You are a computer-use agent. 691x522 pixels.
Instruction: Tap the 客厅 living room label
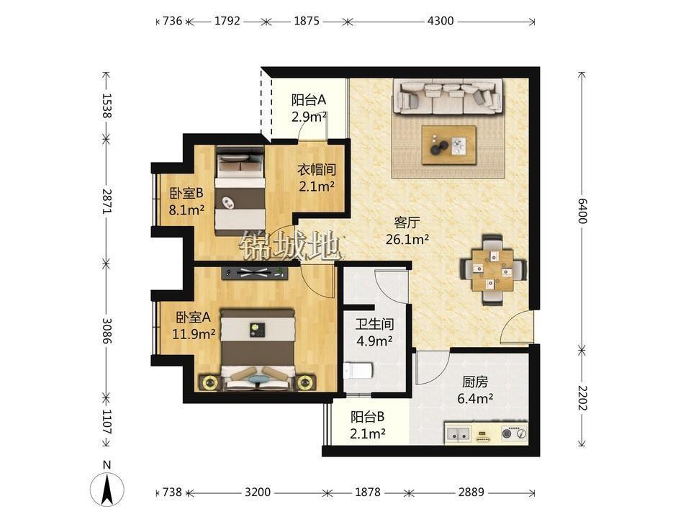click(x=407, y=222)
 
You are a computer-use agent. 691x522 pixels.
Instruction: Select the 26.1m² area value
click(x=407, y=239)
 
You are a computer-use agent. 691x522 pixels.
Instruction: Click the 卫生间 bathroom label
click(x=374, y=325)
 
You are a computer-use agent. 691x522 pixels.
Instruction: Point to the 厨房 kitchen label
click(x=475, y=382)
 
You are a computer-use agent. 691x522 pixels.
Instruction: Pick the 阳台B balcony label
click(x=368, y=417)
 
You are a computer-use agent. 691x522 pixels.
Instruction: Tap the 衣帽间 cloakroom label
click(x=317, y=169)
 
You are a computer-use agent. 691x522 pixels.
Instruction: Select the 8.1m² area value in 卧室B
click(x=186, y=210)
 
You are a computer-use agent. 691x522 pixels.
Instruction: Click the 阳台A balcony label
click(x=309, y=100)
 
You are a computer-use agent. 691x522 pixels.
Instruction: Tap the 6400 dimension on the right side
click(x=582, y=211)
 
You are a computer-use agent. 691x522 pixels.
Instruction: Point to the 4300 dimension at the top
click(x=441, y=21)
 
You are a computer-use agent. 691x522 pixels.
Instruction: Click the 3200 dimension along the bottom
click(x=258, y=492)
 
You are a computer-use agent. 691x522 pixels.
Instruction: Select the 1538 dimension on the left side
click(x=107, y=105)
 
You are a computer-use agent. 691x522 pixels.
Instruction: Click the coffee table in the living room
click(x=448, y=145)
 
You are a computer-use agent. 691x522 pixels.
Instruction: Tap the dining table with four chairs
click(x=492, y=270)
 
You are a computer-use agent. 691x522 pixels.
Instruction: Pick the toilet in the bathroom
click(x=358, y=370)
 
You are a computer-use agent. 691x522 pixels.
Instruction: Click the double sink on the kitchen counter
click(x=458, y=434)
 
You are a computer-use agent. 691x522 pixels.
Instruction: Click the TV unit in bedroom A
click(x=255, y=273)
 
